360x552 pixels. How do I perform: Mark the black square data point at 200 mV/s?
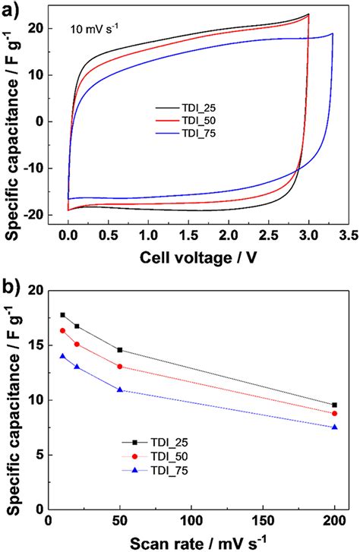pyautogui.click(x=334, y=405)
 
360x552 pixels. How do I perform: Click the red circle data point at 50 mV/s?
pyautogui.click(x=119, y=366)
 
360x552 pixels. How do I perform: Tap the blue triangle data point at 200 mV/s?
pyautogui.click(x=334, y=427)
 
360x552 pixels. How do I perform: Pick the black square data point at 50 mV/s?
pyautogui.click(x=119, y=350)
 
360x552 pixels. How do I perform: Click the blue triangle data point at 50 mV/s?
pyautogui.click(x=119, y=390)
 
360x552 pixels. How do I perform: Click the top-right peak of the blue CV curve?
pyautogui.click(x=332, y=33)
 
